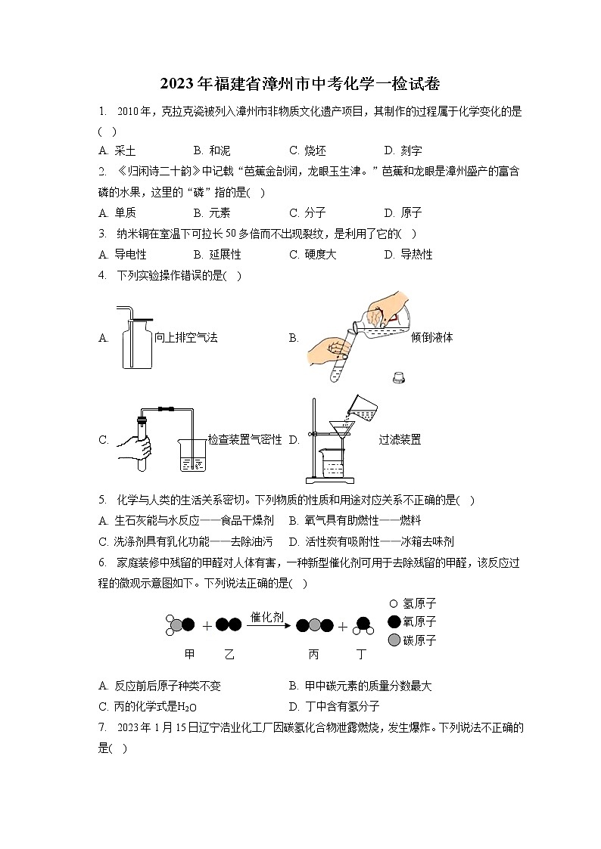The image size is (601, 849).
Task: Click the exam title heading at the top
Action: coord(300,83)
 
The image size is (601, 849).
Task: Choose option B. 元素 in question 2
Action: coord(212,213)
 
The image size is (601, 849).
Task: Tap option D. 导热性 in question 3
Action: coord(408,255)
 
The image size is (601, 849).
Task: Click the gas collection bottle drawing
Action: coord(138,338)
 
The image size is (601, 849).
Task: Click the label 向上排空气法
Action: coord(186,338)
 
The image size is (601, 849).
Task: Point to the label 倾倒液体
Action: coord(431,338)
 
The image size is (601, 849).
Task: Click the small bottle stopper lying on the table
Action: coord(397,376)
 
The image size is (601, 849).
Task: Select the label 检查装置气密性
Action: coord(244,439)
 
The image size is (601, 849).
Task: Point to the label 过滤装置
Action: coord(400,439)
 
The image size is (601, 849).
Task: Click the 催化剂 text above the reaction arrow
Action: coord(266,617)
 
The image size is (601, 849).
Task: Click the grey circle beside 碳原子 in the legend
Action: coord(394,640)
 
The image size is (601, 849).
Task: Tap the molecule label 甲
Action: coord(189,655)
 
